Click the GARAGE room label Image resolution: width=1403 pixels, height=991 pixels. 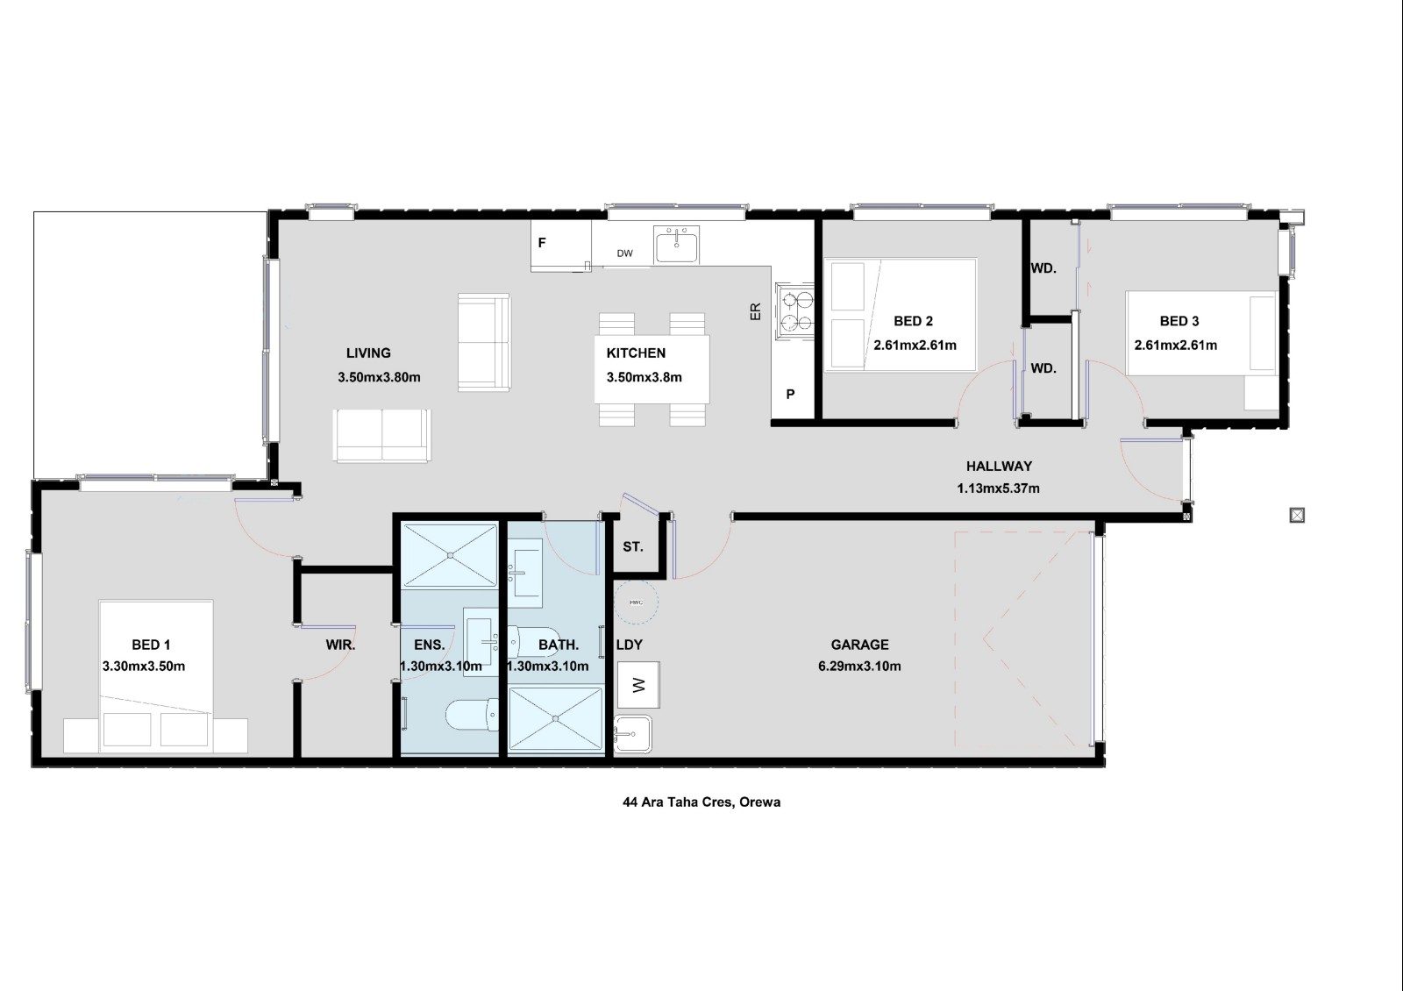[x=859, y=645]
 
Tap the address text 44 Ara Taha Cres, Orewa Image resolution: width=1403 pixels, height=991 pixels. [x=701, y=802]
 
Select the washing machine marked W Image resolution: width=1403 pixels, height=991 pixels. [x=638, y=685]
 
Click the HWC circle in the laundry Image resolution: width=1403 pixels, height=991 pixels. [x=636, y=602]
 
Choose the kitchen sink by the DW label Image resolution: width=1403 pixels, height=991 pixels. [x=677, y=245]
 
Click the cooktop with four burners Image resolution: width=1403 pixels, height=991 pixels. [x=794, y=311]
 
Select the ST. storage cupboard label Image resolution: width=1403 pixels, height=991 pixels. [x=632, y=547]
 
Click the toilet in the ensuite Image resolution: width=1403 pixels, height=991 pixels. [x=472, y=716]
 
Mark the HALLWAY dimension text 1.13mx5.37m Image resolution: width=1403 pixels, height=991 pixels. [x=999, y=488]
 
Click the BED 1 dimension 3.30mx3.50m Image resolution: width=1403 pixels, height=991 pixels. [x=144, y=667]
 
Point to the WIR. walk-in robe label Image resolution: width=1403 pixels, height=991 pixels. [x=340, y=645]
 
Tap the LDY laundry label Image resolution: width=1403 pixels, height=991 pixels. [x=630, y=645]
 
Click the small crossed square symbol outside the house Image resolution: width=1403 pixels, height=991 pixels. [x=1297, y=515]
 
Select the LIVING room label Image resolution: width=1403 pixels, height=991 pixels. [x=368, y=353]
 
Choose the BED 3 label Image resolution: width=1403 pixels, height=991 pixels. [x=1179, y=321]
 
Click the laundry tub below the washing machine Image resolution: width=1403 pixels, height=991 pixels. [x=633, y=733]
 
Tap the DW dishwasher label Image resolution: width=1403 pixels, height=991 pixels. [x=624, y=253]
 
